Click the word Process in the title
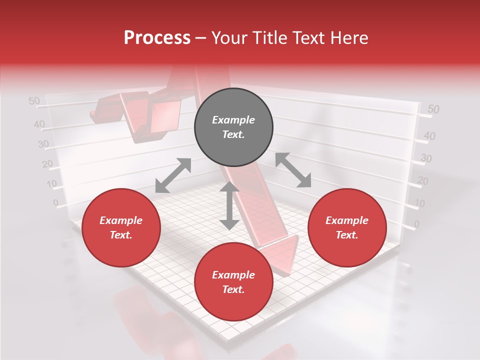coord(157,38)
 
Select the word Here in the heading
coord(348,38)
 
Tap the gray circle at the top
coord(233,127)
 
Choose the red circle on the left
coord(121,227)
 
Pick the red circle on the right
coord(347,227)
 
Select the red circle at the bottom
coord(233,282)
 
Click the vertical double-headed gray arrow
coord(229,206)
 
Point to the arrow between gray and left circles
coord(173,175)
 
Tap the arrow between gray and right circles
coord(293,170)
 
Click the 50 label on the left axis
coord(34,101)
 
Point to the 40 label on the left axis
coord(39,124)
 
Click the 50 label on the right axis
coord(433,109)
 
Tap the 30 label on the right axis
coord(426,158)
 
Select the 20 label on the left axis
coord(47,163)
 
